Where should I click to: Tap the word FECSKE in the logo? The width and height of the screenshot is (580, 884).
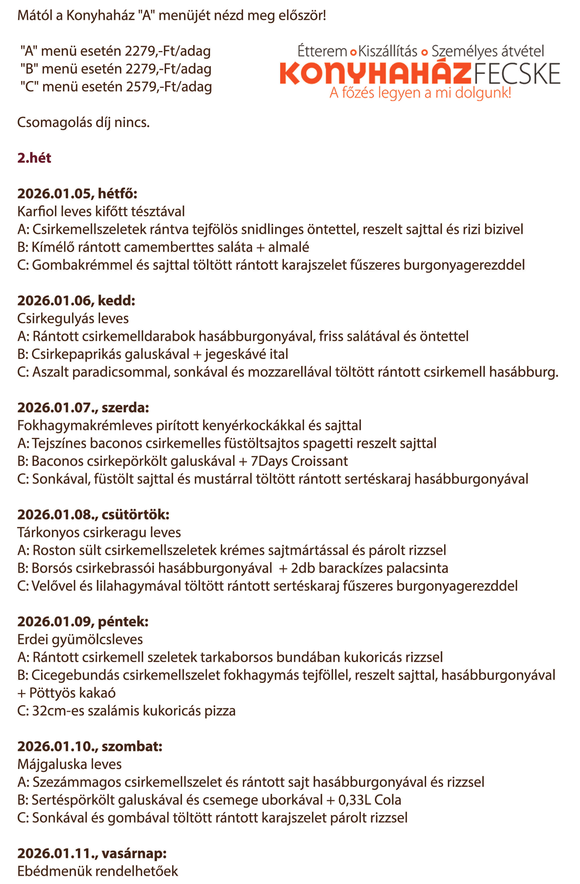pos(516,73)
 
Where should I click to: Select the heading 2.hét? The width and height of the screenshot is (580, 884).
pos(34,158)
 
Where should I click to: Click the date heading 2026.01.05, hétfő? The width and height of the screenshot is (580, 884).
pos(77,193)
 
